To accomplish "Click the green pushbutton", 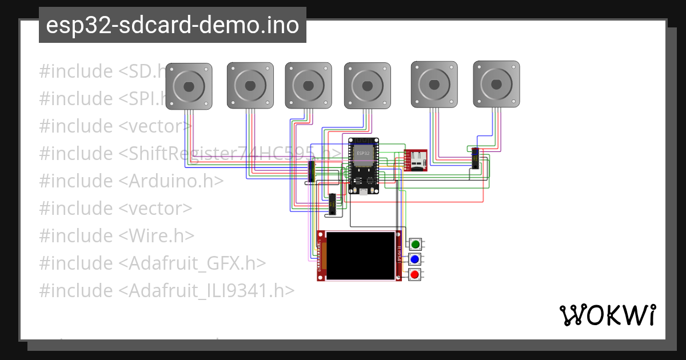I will click(x=416, y=245).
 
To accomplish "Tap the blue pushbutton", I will click(x=416, y=259).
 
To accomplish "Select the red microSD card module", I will click(x=416, y=160).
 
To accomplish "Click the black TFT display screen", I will click(x=360, y=255).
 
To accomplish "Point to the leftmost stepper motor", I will click(x=189, y=86).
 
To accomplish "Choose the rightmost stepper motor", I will click(x=496, y=84).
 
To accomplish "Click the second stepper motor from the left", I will click(x=250, y=86).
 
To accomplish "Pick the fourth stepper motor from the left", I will click(x=367, y=86).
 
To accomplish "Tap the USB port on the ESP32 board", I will click(x=363, y=190).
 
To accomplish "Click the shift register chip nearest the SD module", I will click(x=475, y=158).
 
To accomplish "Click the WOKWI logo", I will click(x=607, y=315).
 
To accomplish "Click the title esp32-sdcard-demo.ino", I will click(x=172, y=25).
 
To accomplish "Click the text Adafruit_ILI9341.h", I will click(x=206, y=290).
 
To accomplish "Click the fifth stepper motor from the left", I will click(x=434, y=84).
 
